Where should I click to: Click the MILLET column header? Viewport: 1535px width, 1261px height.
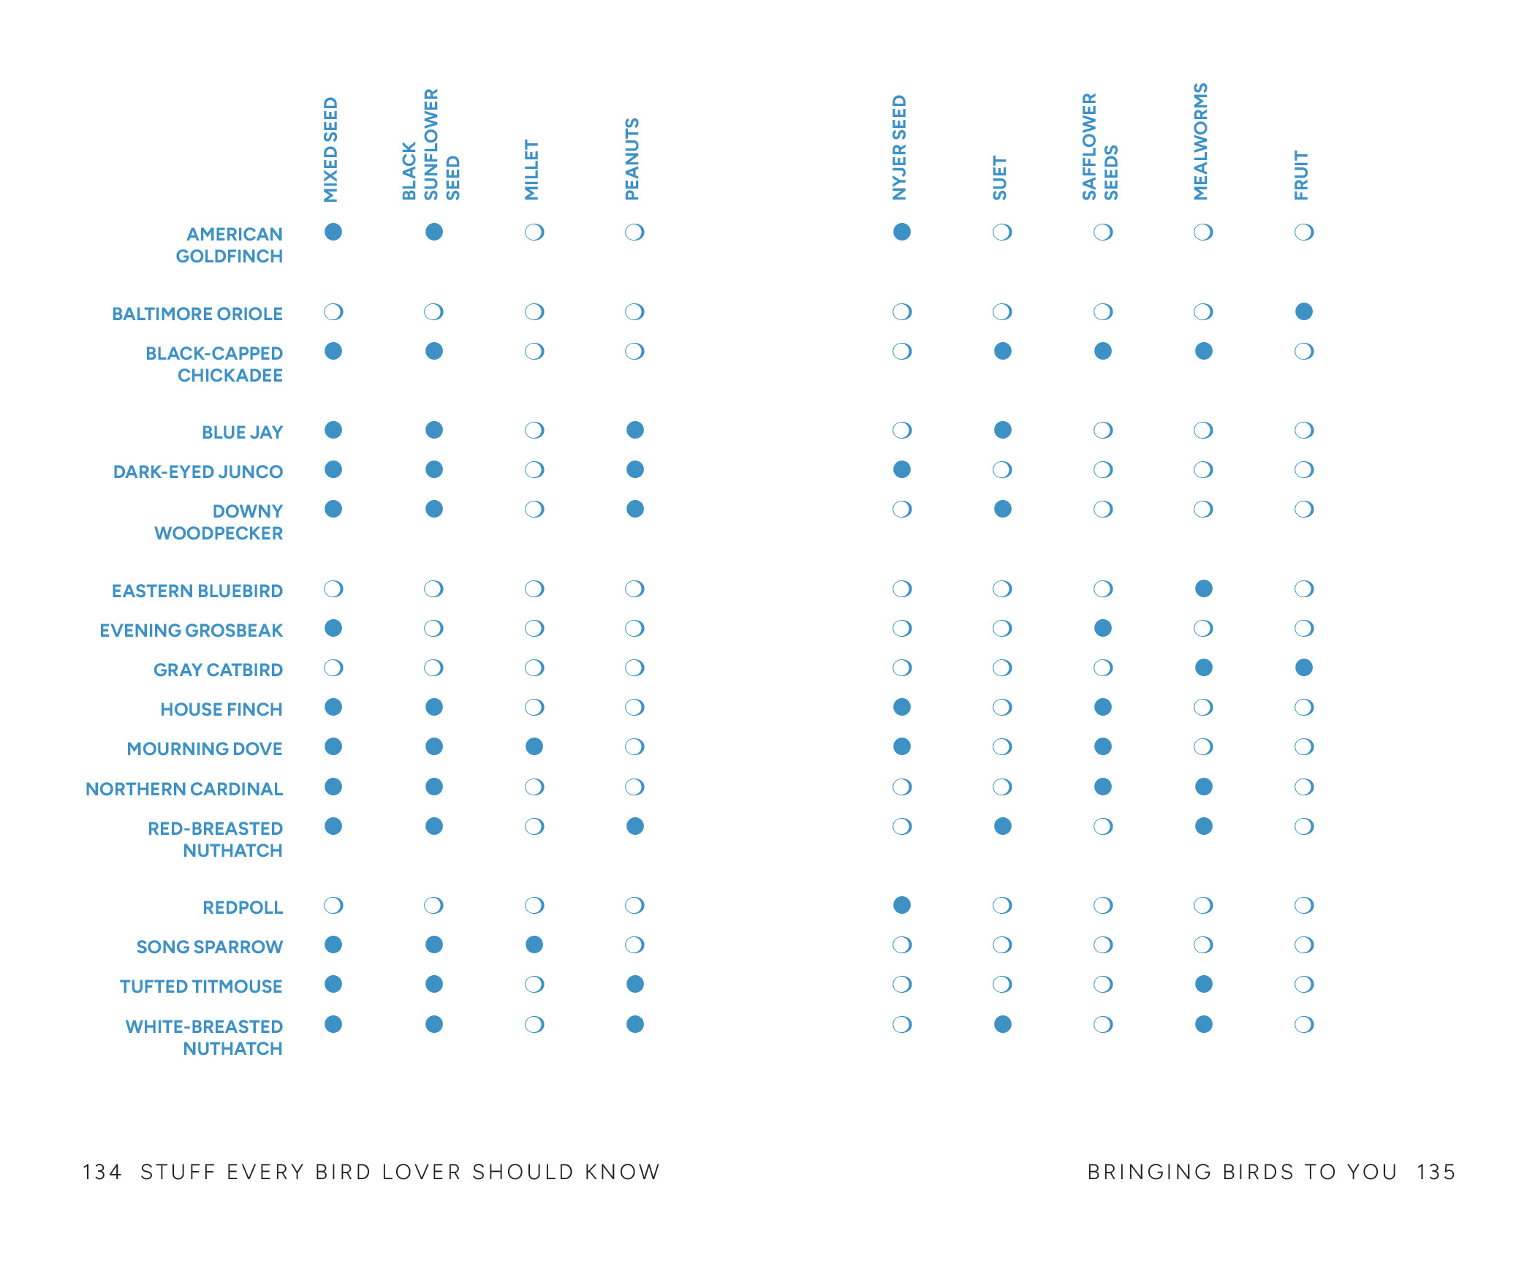click(x=531, y=170)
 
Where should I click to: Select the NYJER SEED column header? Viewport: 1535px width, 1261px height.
click(x=899, y=148)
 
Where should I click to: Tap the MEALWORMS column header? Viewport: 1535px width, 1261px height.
click(x=1200, y=142)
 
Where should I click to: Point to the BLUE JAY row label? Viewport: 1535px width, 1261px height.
click(x=242, y=432)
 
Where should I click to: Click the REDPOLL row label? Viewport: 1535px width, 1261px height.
click(x=243, y=907)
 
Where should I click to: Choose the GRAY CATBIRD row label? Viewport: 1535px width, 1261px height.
click(x=218, y=670)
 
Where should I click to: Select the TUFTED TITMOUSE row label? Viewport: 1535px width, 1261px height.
click(x=201, y=986)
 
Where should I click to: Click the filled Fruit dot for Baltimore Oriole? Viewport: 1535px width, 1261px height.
click(x=1303, y=311)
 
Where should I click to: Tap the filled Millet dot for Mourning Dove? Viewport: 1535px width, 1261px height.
click(x=534, y=746)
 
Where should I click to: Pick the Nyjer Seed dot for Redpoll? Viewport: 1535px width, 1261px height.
click(x=902, y=905)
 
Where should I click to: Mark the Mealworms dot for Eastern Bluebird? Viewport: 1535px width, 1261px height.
click(x=1203, y=588)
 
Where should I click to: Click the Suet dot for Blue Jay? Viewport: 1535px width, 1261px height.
click(x=1002, y=430)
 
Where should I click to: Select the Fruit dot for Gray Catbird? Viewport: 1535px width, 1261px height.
click(x=1303, y=667)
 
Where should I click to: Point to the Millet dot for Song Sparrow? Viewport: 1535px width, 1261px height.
click(x=534, y=944)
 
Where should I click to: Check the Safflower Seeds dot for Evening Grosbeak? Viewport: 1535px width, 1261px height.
click(x=1103, y=628)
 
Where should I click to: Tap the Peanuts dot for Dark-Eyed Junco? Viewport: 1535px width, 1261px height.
click(x=635, y=469)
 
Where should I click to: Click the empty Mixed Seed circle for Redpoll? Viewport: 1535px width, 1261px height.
click(x=333, y=905)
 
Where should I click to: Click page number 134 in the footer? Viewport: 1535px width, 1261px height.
click(x=102, y=1172)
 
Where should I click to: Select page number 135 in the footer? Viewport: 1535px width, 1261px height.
click(x=1436, y=1172)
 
